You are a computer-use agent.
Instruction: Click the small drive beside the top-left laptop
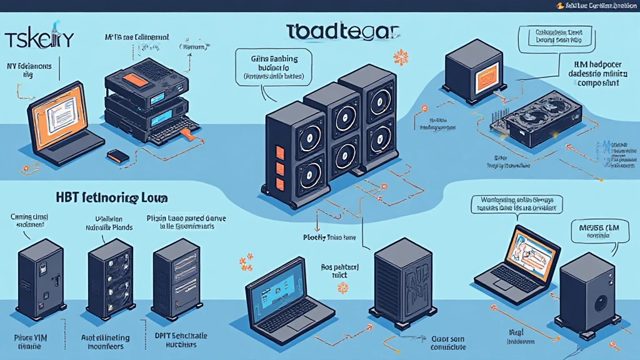[117, 156]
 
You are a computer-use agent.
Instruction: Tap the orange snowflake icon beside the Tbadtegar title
[400, 58]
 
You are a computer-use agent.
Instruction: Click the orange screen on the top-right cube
[487, 79]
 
